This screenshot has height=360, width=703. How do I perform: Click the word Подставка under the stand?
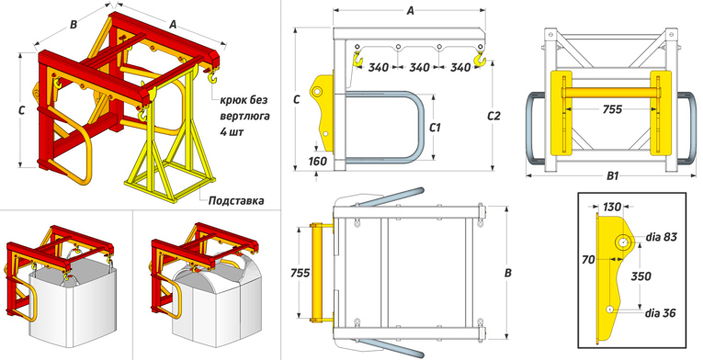click(x=236, y=200)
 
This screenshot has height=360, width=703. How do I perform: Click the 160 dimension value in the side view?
click(x=318, y=161)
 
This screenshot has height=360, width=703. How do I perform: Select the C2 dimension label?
click(x=493, y=116)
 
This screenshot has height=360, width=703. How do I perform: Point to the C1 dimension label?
click(x=435, y=128)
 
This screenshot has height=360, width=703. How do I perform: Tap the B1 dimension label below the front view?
click(x=612, y=175)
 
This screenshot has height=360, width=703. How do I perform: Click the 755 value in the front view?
click(x=612, y=109)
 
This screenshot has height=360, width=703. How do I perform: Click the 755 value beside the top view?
click(x=300, y=273)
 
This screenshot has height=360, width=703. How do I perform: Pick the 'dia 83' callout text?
click(x=662, y=237)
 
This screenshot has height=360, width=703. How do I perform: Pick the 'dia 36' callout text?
click(x=660, y=312)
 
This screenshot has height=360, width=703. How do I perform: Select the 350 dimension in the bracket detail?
click(x=641, y=276)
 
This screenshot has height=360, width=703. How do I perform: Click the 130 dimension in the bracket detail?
click(x=612, y=207)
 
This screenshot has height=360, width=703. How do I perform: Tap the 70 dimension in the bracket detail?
click(x=589, y=259)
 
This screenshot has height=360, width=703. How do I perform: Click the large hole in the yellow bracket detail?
click(x=622, y=242)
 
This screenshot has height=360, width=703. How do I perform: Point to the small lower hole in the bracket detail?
click(x=609, y=309)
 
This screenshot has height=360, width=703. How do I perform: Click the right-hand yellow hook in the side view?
click(x=480, y=57)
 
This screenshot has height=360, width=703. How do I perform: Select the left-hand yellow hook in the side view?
click(x=357, y=59)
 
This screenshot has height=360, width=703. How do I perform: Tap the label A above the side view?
click(x=410, y=11)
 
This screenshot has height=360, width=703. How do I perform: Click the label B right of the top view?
click(x=507, y=273)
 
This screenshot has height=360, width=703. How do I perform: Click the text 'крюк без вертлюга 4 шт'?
click(x=244, y=116)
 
